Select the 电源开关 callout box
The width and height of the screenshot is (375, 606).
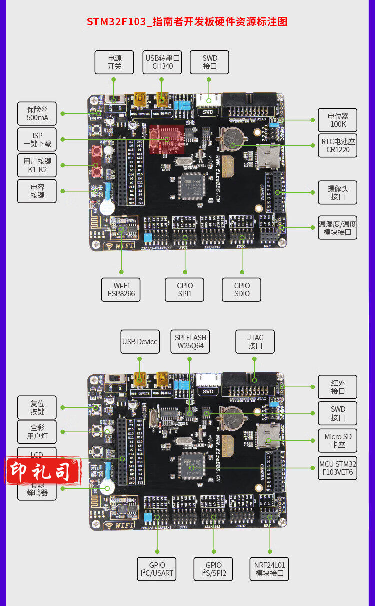[x=115, y=62]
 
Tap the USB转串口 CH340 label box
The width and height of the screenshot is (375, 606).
[x=162, y=62]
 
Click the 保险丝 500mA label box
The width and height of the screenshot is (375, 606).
[x=37, y=114]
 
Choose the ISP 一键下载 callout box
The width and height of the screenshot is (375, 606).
[x=37, y=140]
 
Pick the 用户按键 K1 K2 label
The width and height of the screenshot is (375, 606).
[x=37, y=166]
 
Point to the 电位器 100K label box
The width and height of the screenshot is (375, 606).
[x=338, y=120]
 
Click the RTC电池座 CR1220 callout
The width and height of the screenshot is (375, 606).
[x=338, y=146]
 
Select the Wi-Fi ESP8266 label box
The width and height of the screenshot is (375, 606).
[x=121, y=290]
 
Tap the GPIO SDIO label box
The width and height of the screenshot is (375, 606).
[x=242, y=290]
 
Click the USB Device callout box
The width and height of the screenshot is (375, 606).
[x=140, y=342]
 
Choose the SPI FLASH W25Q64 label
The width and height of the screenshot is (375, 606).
[x=190, y=342]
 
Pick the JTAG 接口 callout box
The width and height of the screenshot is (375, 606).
[x=255, y=342]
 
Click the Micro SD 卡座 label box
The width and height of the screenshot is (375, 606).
[x=338, y=440]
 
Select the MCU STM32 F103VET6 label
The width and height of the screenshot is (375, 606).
[x=338, y=468]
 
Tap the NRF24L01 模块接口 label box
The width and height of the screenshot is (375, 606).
[x=269, y=569]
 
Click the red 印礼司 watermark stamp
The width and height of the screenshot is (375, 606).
[x=43, y=471]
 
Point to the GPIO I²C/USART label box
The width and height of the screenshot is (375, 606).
[x=157, y=569]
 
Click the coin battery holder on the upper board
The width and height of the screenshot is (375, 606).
[x=232, y=138]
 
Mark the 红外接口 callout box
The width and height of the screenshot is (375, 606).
[x=338, y=387]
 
